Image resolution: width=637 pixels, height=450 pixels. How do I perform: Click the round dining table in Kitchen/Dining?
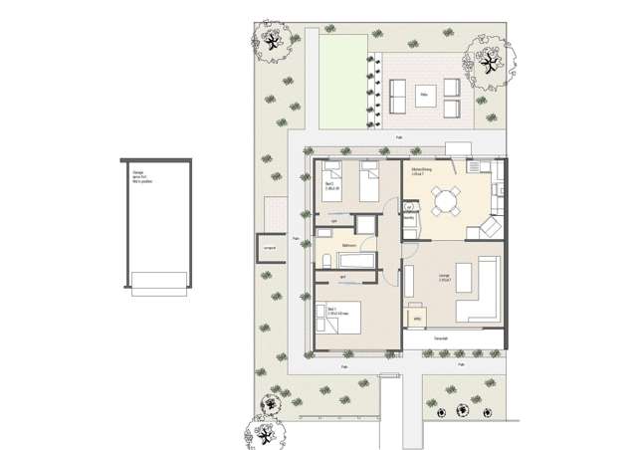pyautogui.click(x=443, y=202)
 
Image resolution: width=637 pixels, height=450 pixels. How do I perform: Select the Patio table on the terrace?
pyautogui.click(x=425, y=97)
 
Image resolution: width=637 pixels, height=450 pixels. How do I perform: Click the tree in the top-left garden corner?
pyautogui.click(x=271, y=41)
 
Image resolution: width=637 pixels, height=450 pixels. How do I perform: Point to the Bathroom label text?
pyautogui.click(x=349, y=245)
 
